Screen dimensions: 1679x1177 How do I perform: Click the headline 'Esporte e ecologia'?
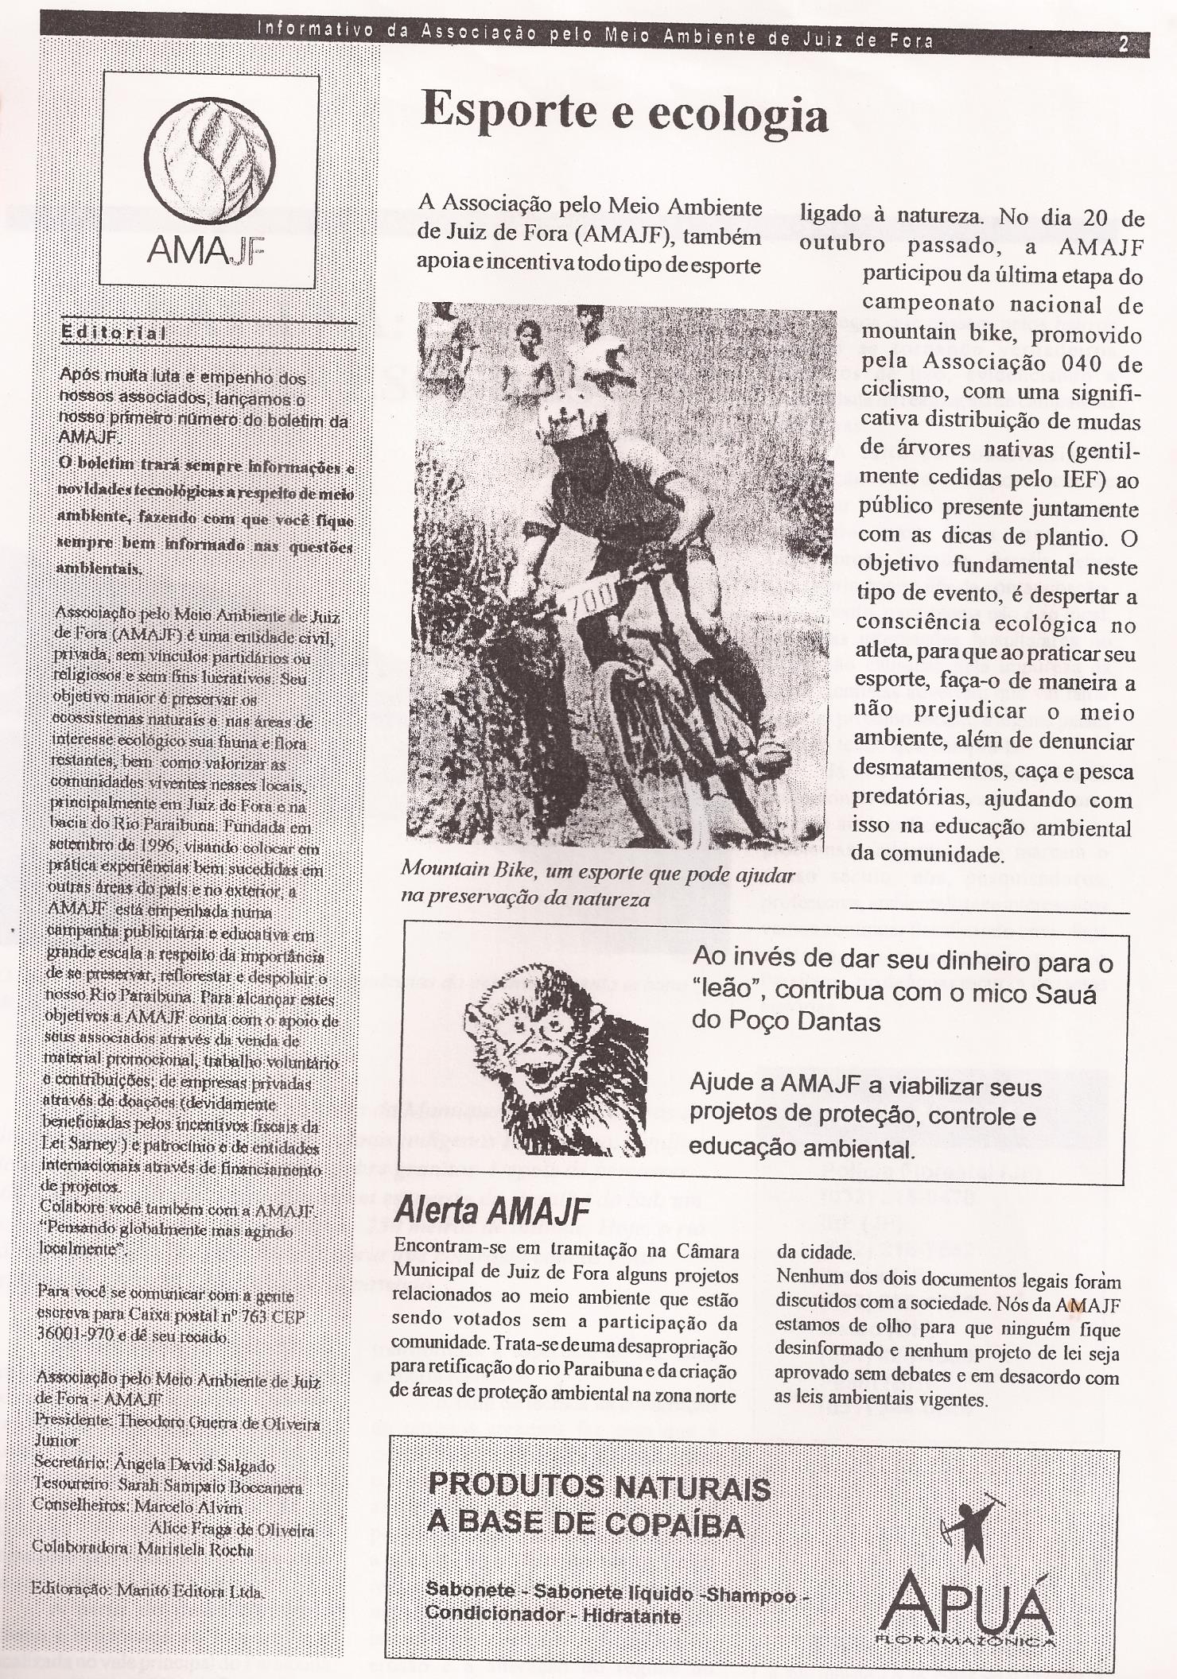coord(623,114)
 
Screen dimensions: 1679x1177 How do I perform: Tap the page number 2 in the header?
coord(1124,44)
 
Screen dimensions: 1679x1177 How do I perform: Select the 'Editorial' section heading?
coord(114,333)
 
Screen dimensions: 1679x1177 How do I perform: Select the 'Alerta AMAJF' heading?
coord(492,1211)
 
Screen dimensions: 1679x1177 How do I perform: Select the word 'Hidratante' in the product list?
coord(631,1615)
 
